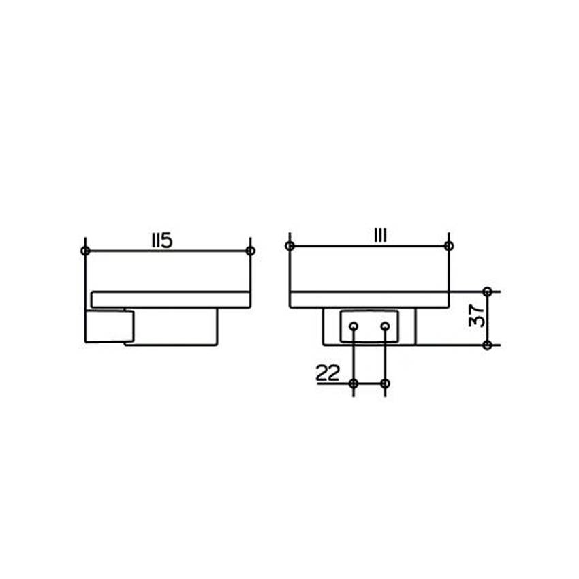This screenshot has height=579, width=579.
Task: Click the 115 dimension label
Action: point(162,240)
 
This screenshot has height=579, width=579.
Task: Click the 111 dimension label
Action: point(380,236)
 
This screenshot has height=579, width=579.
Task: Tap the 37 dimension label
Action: point(477,315)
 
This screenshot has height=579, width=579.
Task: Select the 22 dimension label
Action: point(327,374)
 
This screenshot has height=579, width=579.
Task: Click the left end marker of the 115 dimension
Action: point(85,251)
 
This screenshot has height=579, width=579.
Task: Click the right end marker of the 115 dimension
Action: point(251,251)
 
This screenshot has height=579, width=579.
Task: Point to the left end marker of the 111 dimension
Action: point(290,246)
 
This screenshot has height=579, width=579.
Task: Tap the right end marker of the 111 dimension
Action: point(449,246)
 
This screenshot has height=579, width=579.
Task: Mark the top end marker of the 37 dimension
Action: point(488,292)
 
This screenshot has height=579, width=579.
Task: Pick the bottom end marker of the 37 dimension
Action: point(488,345)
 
